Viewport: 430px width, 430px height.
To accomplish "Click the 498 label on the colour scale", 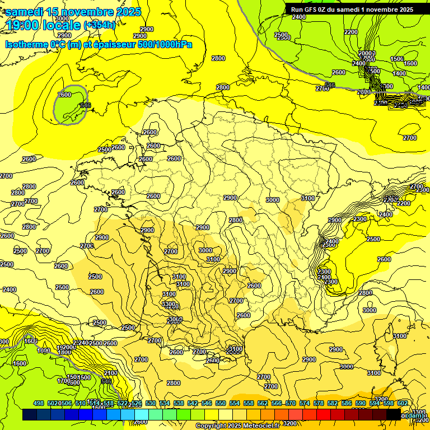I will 39,403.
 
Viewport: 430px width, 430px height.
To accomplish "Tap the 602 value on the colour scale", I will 402,403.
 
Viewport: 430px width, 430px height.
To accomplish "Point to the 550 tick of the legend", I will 221,403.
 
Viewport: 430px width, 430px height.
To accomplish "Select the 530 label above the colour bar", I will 151,403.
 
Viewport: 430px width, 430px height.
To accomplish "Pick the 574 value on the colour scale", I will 305,403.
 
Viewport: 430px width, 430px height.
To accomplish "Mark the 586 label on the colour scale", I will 347,403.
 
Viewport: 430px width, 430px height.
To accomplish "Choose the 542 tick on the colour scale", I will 193,403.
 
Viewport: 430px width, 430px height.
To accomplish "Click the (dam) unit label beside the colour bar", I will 414,415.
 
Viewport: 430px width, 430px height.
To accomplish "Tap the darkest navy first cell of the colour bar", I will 30,415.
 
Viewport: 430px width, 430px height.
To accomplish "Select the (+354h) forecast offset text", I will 99,25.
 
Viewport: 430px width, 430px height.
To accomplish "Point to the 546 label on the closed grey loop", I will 85,105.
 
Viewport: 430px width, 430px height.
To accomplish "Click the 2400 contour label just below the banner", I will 299,17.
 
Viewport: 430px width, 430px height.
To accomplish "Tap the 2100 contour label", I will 110,372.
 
